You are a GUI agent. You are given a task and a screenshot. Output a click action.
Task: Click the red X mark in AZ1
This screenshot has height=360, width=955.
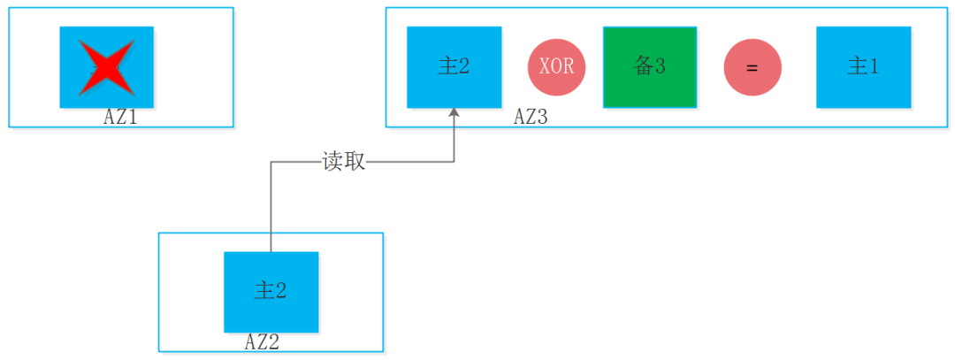click(x=106, y=67)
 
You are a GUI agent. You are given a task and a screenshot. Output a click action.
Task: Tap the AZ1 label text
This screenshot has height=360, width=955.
click(x=120, y=117)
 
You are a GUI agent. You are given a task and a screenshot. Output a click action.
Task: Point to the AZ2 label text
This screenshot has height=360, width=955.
click(x=262, y=341)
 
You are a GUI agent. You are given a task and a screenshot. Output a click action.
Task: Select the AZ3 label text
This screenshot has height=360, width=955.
click(x=531, y=117)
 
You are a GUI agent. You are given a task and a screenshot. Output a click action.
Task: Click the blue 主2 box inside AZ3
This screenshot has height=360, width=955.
click(x=454, y=67)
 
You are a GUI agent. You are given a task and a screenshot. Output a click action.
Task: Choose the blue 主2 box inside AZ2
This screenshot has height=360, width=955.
click(x=271, y=292)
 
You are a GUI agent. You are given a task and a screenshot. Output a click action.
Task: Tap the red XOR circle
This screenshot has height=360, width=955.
click(x=556, y=67)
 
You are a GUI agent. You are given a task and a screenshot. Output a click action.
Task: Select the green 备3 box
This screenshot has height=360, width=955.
click(x=650, y=67)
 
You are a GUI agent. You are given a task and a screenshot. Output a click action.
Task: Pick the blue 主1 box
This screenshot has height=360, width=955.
click(x=863, y=67)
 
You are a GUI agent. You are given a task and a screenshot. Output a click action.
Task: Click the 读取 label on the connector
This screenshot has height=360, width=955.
click(x=344, y=162)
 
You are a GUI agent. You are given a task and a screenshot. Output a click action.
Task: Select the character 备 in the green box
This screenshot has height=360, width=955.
click(x=643, y=66)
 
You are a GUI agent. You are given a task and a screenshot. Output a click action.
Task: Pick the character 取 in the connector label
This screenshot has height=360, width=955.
click(x=355, y=162)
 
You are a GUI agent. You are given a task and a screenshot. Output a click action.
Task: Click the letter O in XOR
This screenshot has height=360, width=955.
click(x=556, y=67)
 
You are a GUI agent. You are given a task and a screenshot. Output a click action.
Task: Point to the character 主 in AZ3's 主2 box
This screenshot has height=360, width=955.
click(x=446, y=67)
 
